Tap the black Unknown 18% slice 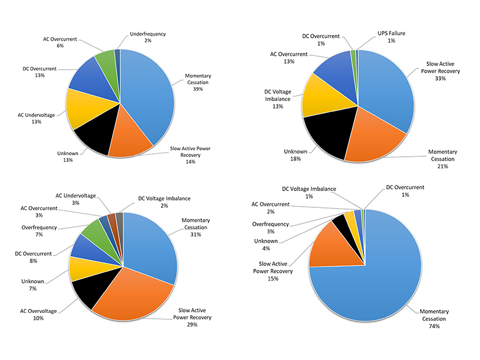[x=325, y=134]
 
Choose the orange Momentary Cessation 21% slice [x=372, y=136]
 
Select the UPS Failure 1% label [x=389, y=37]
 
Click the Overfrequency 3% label [x=271, y=227]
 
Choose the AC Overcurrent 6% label [x=61, y=43]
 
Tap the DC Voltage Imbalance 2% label [x=165, y=202]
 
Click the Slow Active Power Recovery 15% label [x=273, y=271]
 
